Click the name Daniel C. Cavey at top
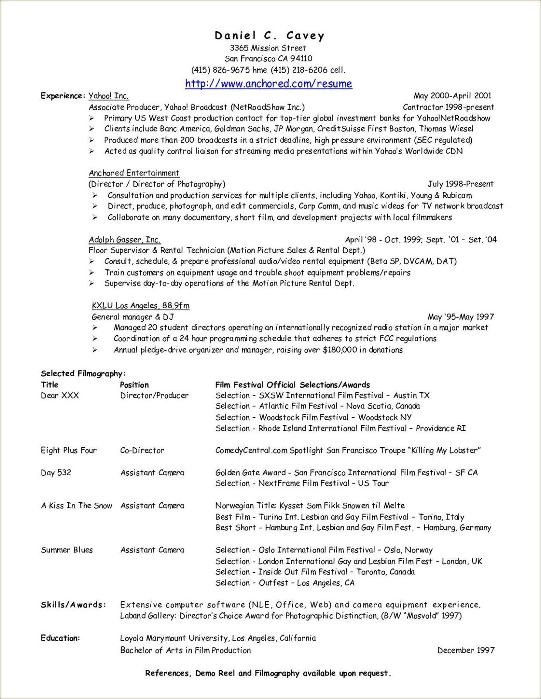[270, 36]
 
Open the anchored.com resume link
[268, 84]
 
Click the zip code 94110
[301, 59]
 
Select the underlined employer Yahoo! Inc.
[108, 96]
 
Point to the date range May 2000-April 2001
[452, 96]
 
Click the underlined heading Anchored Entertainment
[134, 173]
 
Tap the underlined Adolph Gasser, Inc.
[125, 239]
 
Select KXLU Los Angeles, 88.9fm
[140, 306]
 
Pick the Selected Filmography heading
[83, 373]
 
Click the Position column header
[134, 385]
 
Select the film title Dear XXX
[60, 396]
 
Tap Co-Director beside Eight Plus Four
[142, 450]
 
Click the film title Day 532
[56, 473]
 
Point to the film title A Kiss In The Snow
[76, 506]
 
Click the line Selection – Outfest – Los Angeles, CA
[285, 583]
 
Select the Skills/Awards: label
[73, 605]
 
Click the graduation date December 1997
[466, 650]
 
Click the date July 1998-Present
[460, 184]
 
